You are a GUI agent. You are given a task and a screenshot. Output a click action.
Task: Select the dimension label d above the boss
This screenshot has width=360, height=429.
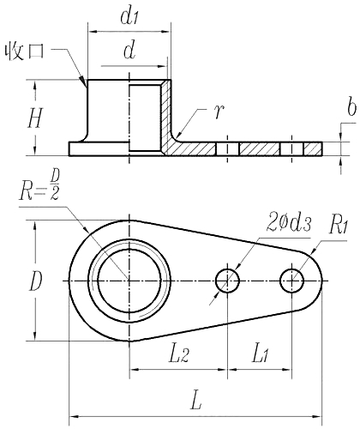tap(129, 51)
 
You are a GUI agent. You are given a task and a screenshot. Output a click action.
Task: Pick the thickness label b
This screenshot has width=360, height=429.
tap(351, 109)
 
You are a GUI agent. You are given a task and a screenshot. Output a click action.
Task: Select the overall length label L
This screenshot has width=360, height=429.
tap(196, 399)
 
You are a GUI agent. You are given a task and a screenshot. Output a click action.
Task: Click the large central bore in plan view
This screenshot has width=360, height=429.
tap(129, 281)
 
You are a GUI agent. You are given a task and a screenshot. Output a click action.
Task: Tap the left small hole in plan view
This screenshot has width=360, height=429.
tap(227, 281)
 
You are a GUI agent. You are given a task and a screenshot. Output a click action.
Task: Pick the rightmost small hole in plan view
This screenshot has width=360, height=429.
tap(292, 281)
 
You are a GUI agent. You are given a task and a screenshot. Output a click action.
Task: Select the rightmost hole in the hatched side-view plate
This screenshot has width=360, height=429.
tap(292, 148)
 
